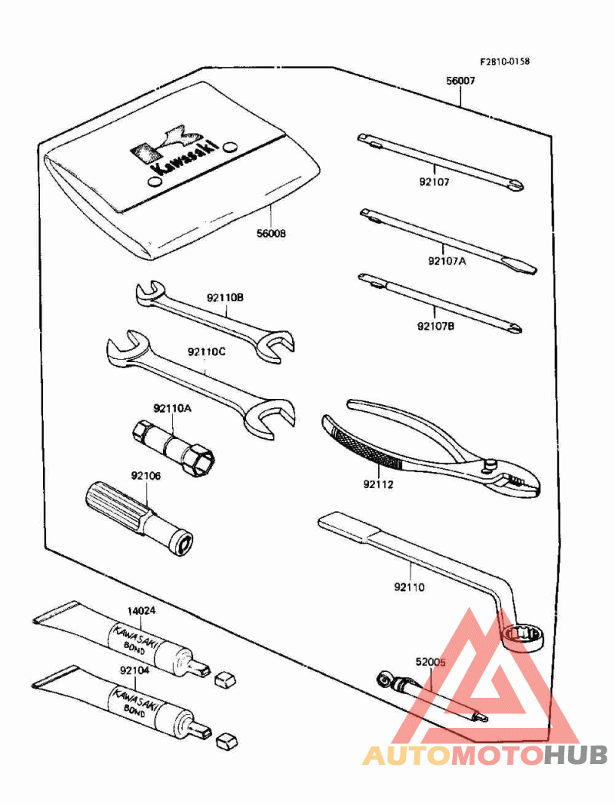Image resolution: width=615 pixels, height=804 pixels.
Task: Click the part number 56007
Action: point(460,81)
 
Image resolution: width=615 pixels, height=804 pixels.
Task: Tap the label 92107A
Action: point(447,261)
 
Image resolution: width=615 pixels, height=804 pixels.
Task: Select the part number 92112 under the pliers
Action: point(378,484)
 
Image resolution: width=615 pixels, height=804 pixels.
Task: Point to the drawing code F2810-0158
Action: point(505,61)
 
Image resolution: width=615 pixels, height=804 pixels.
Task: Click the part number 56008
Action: point(271,234)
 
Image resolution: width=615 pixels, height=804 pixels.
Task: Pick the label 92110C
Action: point(207,352)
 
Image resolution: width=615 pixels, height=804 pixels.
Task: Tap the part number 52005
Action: point(430,662)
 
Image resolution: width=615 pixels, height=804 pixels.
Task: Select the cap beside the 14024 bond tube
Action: point(224,679)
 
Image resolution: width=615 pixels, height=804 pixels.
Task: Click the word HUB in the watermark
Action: point(575,756)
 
